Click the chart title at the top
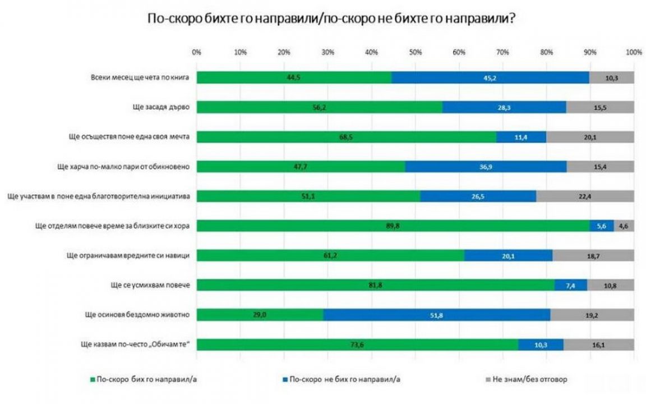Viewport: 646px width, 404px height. pyautogui.click(x=331, y=19)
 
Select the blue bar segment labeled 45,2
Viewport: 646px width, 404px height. pyautogui.click(x=490, y=77)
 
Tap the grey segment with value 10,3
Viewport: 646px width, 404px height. pyautogui.click(x=611, y=77)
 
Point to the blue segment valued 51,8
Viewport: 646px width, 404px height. pyautogui.click(x=436, y=315)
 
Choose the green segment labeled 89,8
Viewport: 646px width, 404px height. pyautogui.click(x=393, y=226)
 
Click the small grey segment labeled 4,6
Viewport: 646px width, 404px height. pyautogui.click(x=624, y=226)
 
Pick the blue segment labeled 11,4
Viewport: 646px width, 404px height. pyautogui.click(x=521, y=137)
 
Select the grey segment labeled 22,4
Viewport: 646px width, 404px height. pyautogui.click(x=584, y=196)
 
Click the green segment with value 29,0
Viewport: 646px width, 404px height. pyautogui.click(x=260, y=315)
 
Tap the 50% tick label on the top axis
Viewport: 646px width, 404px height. pyautogui.click(x=415, y=52)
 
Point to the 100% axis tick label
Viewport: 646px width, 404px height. pyautogui.click(x=634, y=52)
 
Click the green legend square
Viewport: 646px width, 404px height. pyautogui.click(x=93, y=380)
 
